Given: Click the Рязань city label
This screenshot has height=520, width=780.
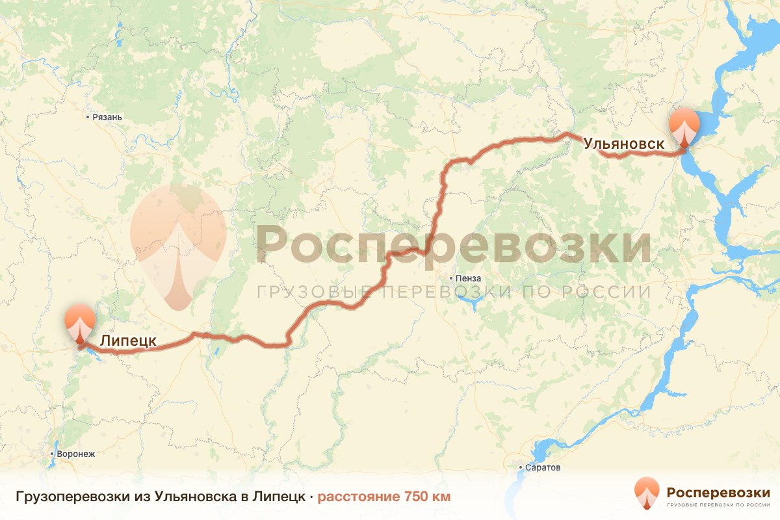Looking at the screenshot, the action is (x=107, y=118).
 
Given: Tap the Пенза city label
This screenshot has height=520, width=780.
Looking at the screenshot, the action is (x=468, y=278).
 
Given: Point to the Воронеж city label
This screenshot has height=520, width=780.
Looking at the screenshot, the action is (x=76, y=454).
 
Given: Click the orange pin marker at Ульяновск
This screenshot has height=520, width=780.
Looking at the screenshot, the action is (x=685, y=128).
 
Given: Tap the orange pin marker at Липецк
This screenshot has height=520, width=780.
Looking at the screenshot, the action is (x=79, y=322).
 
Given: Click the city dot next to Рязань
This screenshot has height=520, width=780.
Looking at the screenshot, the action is (x=88, y=118).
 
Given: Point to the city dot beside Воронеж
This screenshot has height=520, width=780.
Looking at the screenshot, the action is (x=52, y=454).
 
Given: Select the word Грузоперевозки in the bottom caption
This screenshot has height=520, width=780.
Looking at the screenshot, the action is (x=71, y=497).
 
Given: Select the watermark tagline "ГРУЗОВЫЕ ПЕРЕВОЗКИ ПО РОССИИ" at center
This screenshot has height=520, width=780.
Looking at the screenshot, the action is (x=453, y=292).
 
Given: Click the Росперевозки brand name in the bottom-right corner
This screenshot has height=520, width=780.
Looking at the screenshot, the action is (x=718, y=491).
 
